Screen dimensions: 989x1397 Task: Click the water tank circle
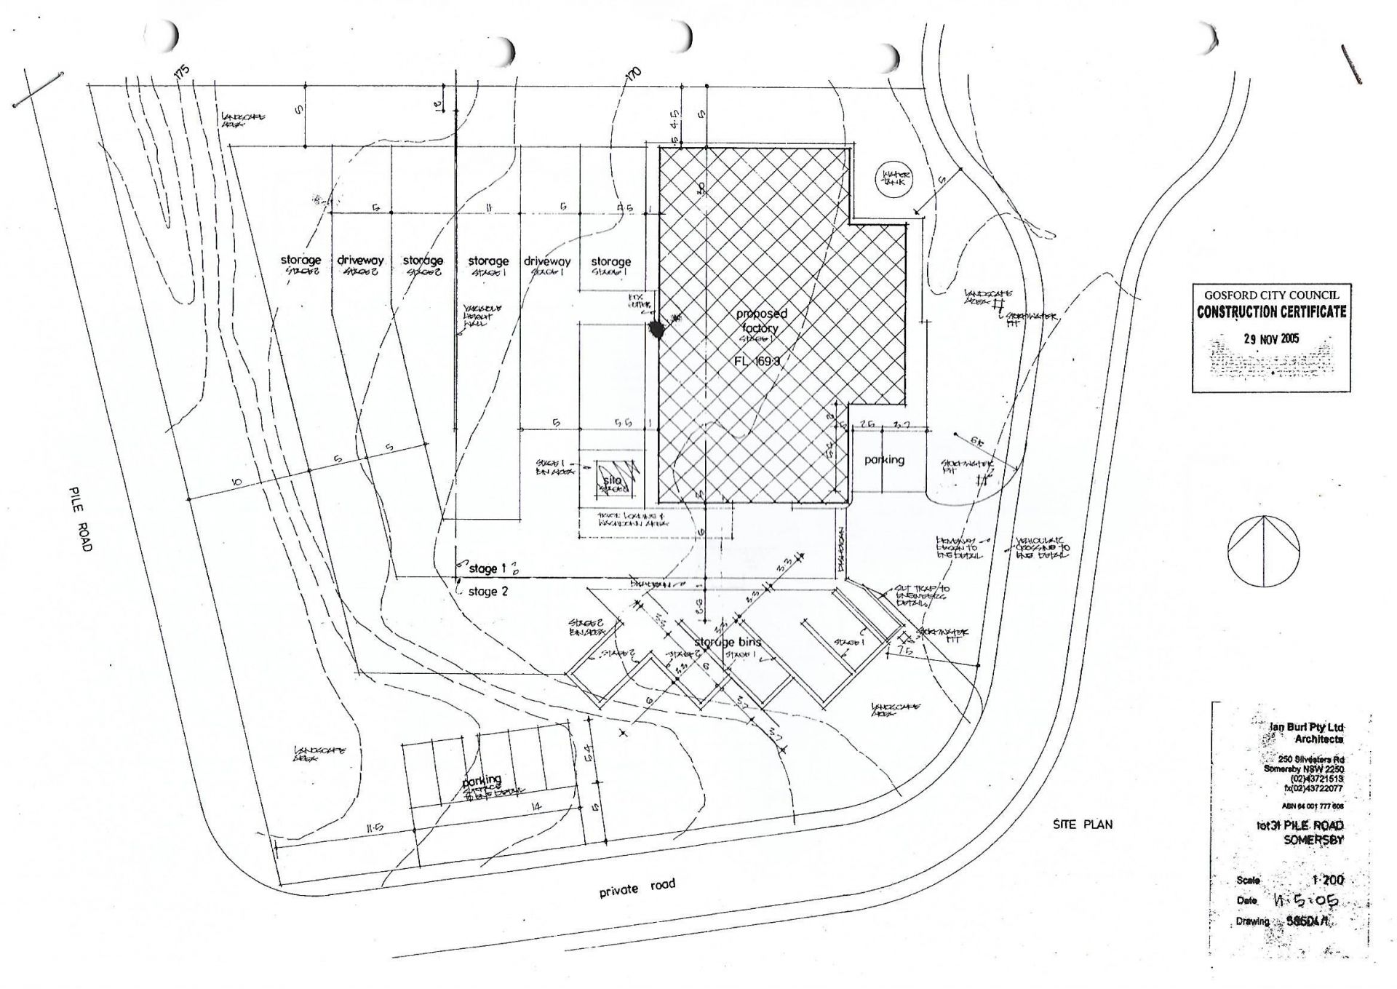[x=892, y=178]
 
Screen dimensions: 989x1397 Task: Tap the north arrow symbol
[x=1264, y=549]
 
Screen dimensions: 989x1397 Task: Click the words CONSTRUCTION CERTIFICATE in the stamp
[x=1271, y=312]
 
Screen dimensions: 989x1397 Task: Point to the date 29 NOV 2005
[x=1271, y=338]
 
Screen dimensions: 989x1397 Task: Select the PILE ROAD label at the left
[x=81, y=518]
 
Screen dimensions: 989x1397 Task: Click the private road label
[x=637, y=887]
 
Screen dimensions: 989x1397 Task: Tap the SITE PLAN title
[x=1083, y=825]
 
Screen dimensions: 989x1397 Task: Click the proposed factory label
[x=760, y=322]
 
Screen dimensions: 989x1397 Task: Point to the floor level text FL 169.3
[x=760, y=361]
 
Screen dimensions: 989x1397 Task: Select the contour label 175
[x=181, y=71]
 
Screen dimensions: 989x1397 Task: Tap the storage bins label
[x=727, y=642]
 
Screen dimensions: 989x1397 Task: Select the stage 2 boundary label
[x=487, y=592]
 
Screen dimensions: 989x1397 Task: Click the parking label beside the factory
[x=884, y=460]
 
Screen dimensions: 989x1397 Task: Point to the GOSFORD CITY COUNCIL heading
[x=1271, y=295]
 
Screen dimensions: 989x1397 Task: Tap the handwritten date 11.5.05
[x=1306, y=901]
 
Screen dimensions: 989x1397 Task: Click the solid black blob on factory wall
[x=657, y=331]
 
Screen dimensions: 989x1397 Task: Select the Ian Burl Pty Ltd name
[x=1307, y=727]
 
